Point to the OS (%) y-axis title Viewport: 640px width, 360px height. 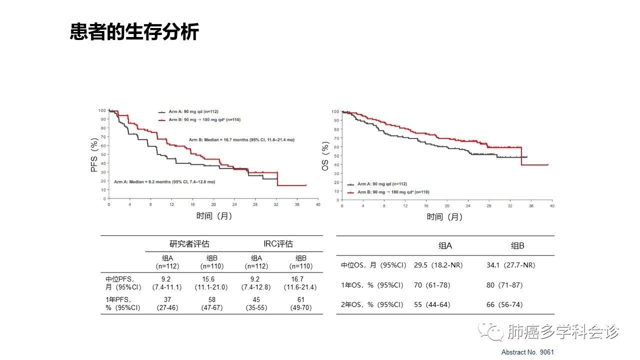click(x=325, y=156)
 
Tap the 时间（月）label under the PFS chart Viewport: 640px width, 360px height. click(x=214, y=216)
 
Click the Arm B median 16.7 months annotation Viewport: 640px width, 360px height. click(x=241, y=140)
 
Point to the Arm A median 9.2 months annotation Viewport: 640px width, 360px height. click(x=164, y=182)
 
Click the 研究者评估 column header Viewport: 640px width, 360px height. click(x=189, y=244)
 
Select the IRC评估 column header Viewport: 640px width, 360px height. click(x=278, y=244)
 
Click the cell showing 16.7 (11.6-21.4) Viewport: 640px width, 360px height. click(x=300, y=283)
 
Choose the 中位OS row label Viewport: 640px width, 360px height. click(x=373, y=265)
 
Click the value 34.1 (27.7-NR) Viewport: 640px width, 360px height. click(x=510, y=265)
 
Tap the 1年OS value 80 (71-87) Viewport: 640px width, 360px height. click(x=504, y=285)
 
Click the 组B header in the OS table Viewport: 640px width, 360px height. click(x=517, y=245)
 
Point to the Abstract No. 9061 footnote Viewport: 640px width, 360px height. click(x=527, y=352)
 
